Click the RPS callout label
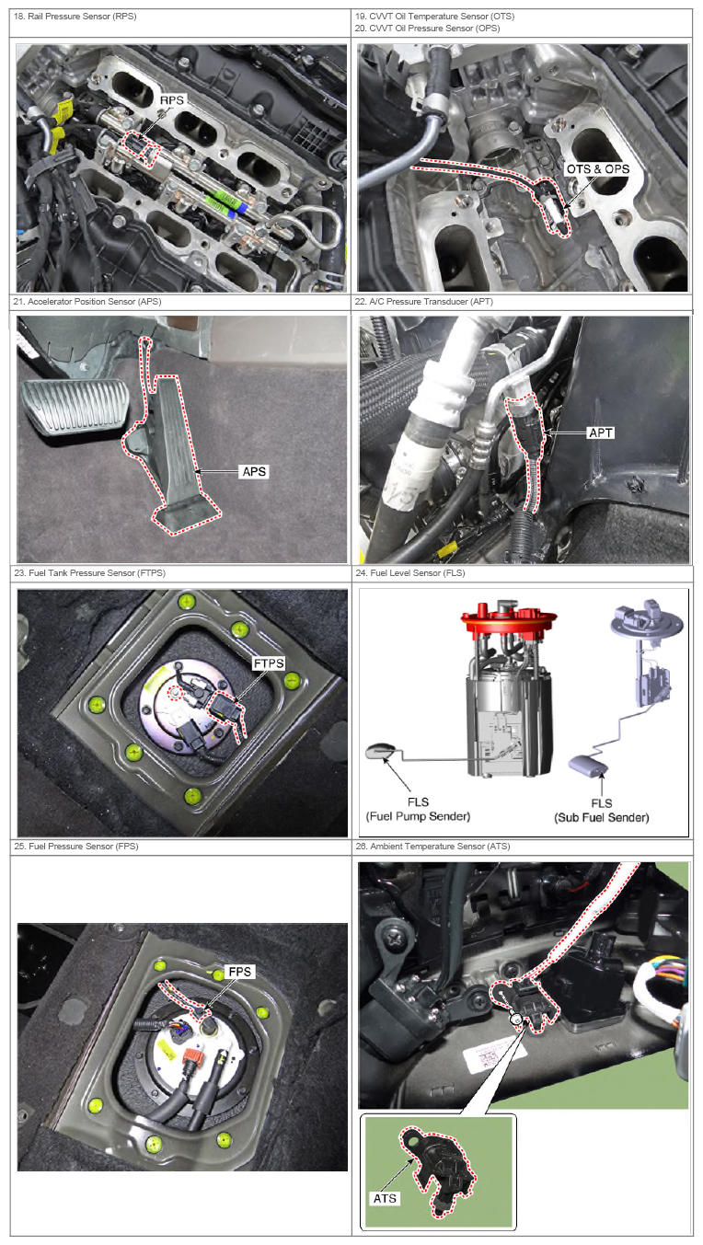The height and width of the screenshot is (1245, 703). click(x=172, y=100)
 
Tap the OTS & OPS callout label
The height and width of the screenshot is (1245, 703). click(x=598, y=169)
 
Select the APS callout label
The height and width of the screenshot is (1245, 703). click(x=254, y=471)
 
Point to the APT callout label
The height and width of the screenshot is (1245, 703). click(x=601, y=432)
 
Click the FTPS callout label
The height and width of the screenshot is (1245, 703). click(x=269, y=663)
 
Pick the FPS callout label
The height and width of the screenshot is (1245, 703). click(x=240, y=971)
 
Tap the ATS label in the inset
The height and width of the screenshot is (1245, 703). click(x=386, y=1198)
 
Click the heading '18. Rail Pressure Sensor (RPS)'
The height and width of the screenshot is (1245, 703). click(x=75, y=17)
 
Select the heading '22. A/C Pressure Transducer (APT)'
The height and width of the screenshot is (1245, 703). click(x=423, y=301)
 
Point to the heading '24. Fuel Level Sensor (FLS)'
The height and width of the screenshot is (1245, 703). click(x=410, y=572)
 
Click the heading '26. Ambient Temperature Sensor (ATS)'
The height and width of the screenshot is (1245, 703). click(x=432, y=846)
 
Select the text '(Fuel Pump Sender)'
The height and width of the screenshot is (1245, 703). click(x=418, y=816)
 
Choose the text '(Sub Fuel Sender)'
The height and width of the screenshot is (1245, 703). click(x=601, y=817)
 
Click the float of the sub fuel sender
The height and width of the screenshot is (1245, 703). click(x=588, y=765)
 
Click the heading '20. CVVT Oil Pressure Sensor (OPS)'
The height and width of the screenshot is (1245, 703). click(x=427, y=28)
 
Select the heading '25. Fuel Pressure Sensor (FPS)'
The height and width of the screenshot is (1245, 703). click(x=76, y=846)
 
